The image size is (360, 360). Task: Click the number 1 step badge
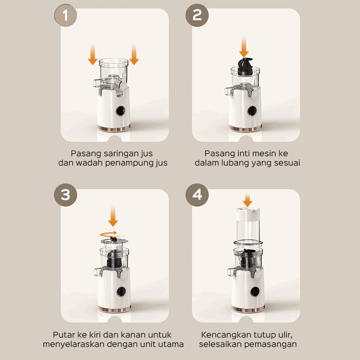coord(65,15)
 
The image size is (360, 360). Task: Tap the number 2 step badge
coord(197,15)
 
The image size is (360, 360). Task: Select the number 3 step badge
coord(65,195)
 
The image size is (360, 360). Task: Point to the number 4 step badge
coord(197,195)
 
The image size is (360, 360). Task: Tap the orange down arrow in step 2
coord(244,47)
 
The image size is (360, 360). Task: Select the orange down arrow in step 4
coord(247,200)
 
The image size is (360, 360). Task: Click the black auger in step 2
coord(245,67)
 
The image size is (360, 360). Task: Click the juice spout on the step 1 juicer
coord(97,83)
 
